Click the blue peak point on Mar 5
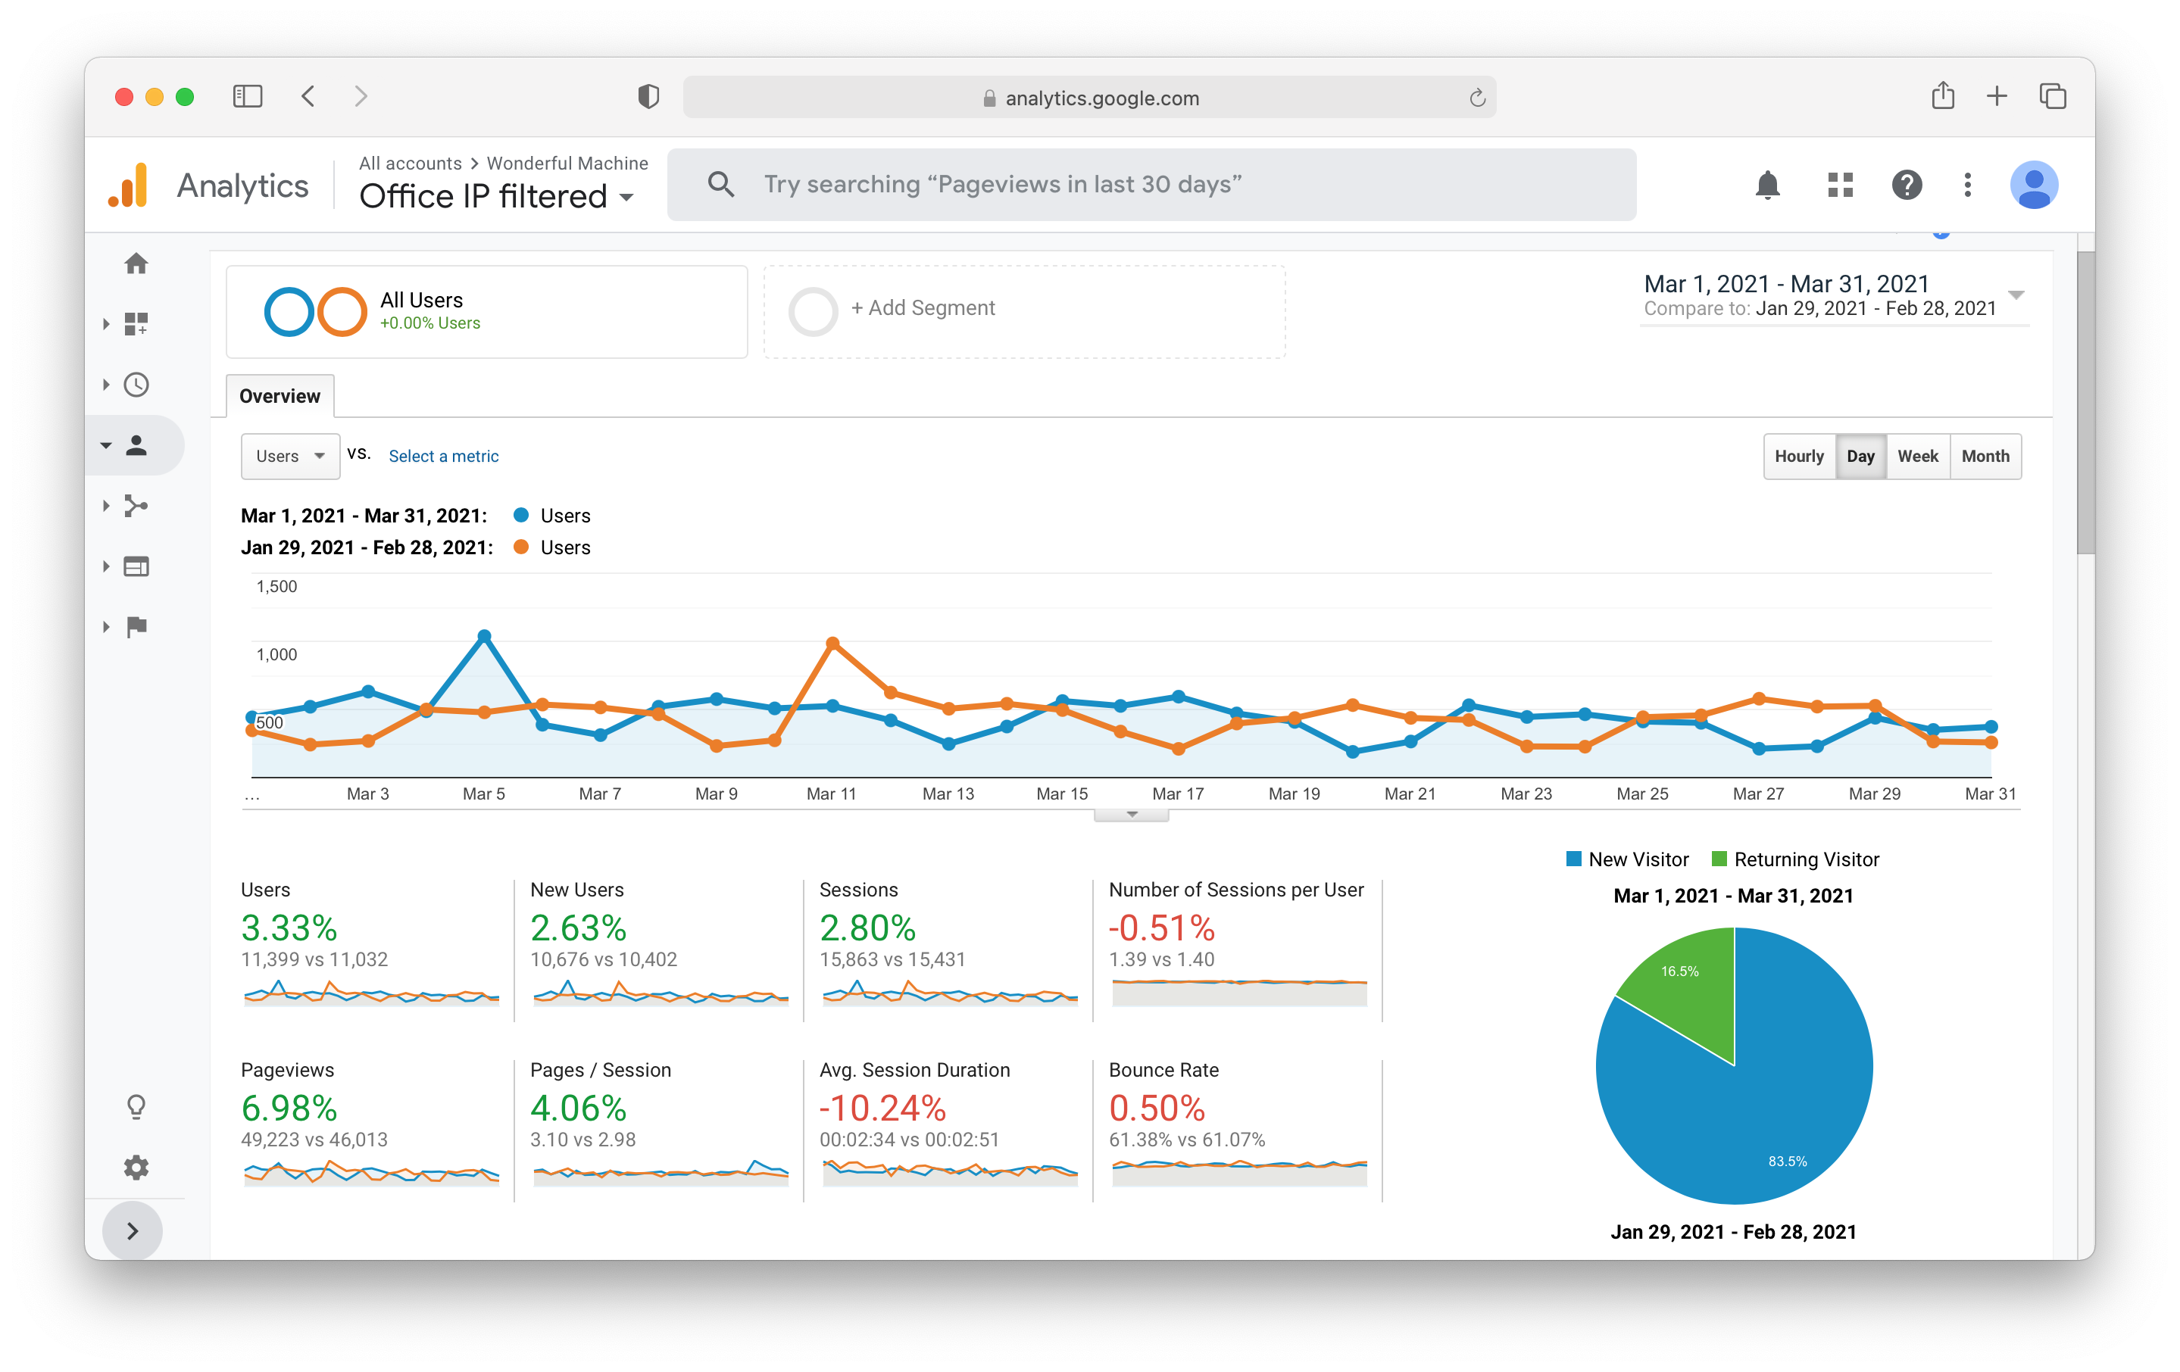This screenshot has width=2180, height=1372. [484, 636]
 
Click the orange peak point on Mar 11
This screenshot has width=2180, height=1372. [833, 644]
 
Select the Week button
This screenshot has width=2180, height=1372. [1917, 456]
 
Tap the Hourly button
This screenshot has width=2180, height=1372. [1799, 456]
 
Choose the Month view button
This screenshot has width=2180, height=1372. [1985, 456]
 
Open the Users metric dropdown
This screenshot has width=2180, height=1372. [289, 456]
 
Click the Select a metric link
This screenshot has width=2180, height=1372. [444, 456]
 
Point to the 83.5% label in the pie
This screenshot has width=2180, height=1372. [1787, 1162]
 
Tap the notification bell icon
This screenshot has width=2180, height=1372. [1767, 185]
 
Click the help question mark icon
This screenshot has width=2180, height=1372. [1907, 185]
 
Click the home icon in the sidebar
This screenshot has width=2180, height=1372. [136, 263]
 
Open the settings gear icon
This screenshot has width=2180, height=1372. [136, 1168]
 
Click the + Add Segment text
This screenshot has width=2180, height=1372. [923, 307]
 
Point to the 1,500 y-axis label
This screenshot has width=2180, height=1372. [276, 587]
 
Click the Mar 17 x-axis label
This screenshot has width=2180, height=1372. [1178, 794]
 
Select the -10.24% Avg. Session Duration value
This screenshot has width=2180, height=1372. [882, 1108]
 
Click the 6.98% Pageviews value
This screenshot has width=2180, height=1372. [289, 1108]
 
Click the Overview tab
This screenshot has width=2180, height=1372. [280, 397]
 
